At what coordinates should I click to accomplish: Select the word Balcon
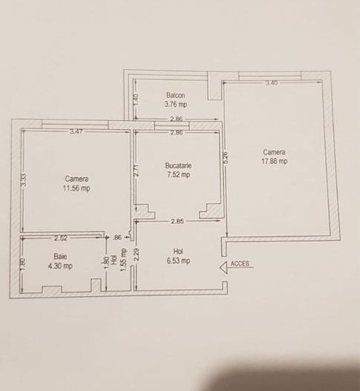pos(176,95)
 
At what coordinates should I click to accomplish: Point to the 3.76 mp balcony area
pos(176,105)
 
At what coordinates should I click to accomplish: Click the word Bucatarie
pos(178,165)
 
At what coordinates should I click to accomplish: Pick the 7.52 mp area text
pos(178,175)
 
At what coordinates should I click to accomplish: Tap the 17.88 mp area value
pos(274,160)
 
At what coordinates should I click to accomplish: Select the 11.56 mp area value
pos(77,188)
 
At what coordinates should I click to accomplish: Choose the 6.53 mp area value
pos(177,260)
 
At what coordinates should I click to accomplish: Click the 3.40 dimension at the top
pos(272,83)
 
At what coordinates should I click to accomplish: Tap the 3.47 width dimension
pos(76,132)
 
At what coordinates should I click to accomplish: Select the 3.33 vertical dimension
pos(24,180)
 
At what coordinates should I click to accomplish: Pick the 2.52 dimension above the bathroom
pos(62,238)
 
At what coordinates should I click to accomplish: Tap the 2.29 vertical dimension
pos(136,256)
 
